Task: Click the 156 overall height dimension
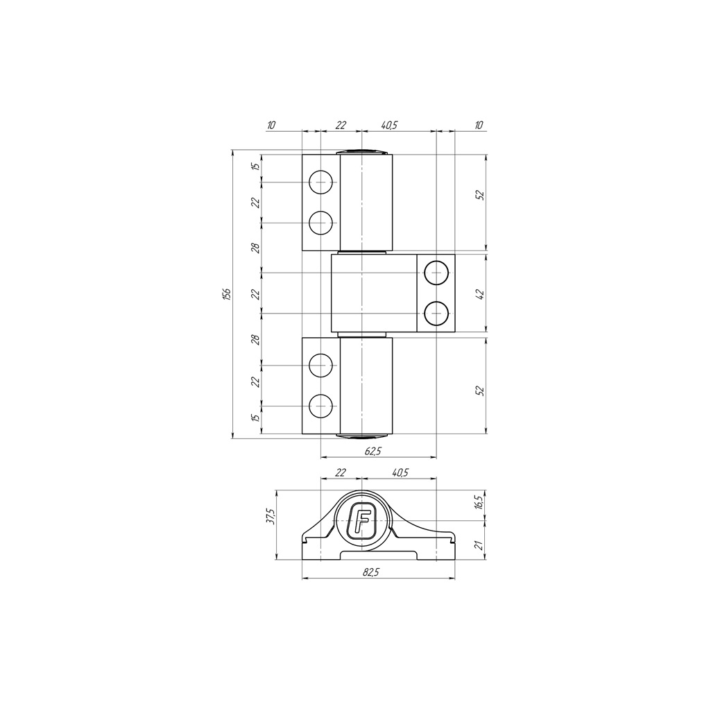click(228, 294)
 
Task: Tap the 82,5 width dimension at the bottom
click(370, 572)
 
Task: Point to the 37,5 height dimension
click(271, 517)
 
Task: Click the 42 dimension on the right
click(481, 293)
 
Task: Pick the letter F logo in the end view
click(361, 520)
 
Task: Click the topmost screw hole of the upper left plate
click(320, 182)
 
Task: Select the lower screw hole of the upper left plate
click(320, 223)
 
